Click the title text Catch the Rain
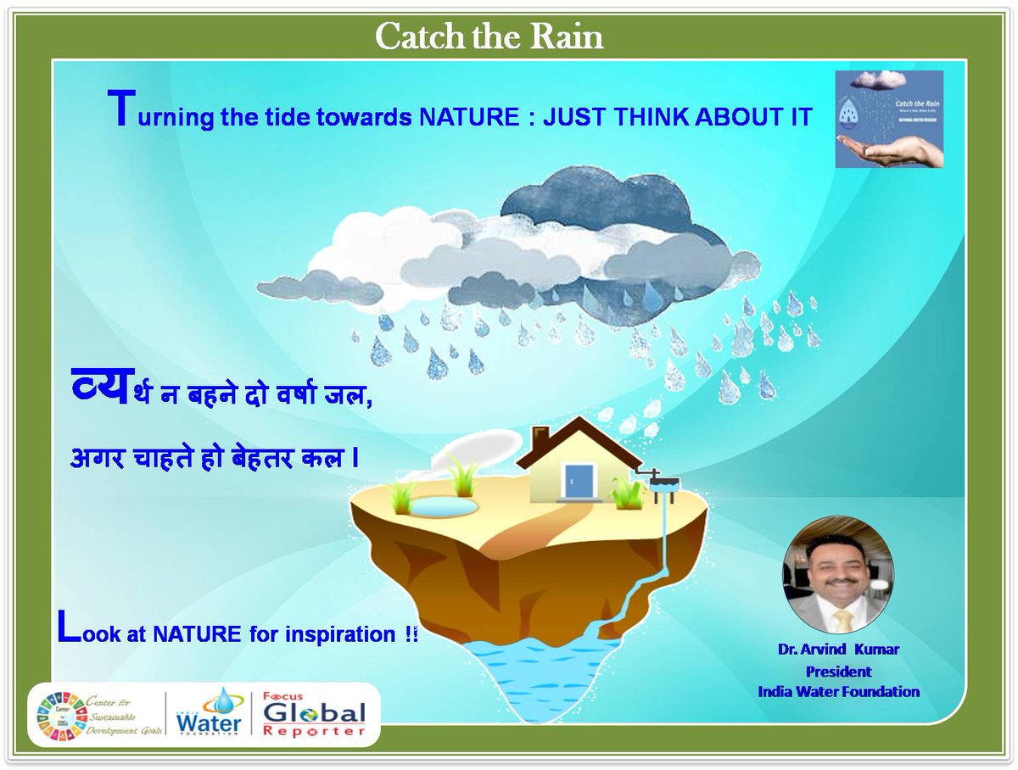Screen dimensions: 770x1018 tap(489, 36)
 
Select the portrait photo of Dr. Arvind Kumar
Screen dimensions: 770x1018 tap(837, 574)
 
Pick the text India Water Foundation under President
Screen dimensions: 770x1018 tap(838, 691)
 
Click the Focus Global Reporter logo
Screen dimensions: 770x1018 tap(313, 715)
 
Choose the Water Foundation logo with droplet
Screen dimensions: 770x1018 tap(209, 712)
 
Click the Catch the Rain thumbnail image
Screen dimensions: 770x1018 tap(889, 119)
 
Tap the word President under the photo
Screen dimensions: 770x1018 tap(838, 671)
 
